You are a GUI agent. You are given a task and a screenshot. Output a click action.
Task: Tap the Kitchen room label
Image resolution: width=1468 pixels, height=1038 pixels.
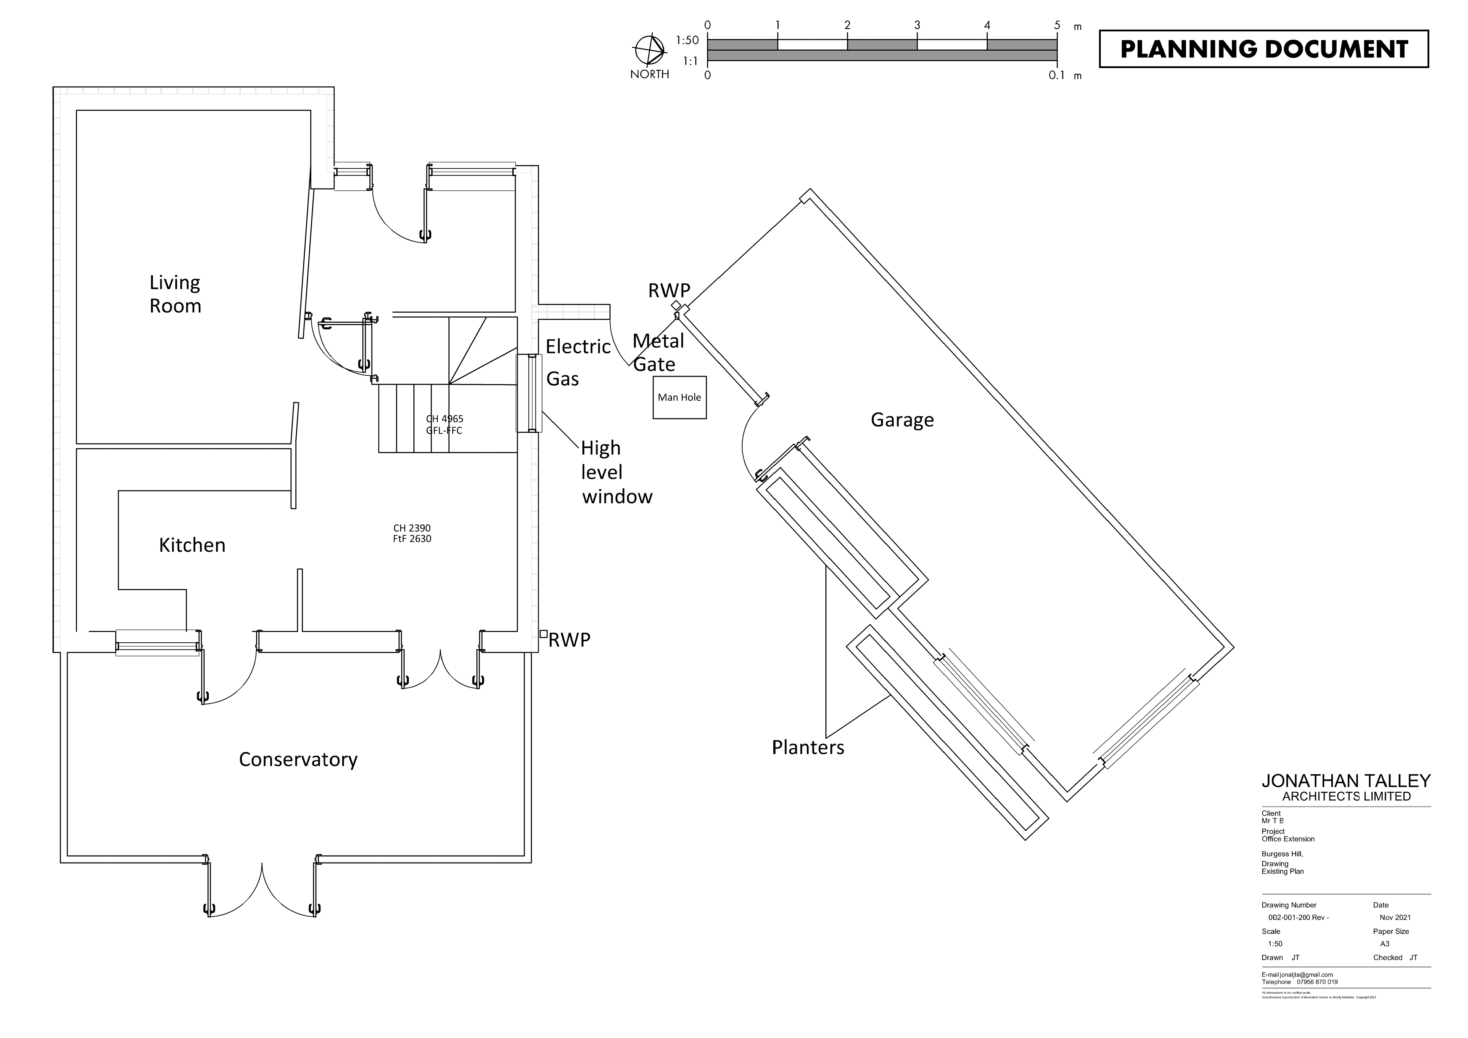[192, 545]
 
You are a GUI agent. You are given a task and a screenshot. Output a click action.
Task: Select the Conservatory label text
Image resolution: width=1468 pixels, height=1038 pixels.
[298, 759]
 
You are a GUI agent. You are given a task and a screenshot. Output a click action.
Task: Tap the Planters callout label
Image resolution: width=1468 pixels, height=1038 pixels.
[807, 747]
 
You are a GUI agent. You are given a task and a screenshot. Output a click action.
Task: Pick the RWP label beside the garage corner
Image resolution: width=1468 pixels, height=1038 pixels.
[669, 290]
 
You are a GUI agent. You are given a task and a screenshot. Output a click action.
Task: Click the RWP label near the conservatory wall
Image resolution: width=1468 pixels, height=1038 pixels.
[569, 640]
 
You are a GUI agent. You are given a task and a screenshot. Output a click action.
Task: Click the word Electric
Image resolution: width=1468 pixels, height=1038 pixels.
[578, 347]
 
